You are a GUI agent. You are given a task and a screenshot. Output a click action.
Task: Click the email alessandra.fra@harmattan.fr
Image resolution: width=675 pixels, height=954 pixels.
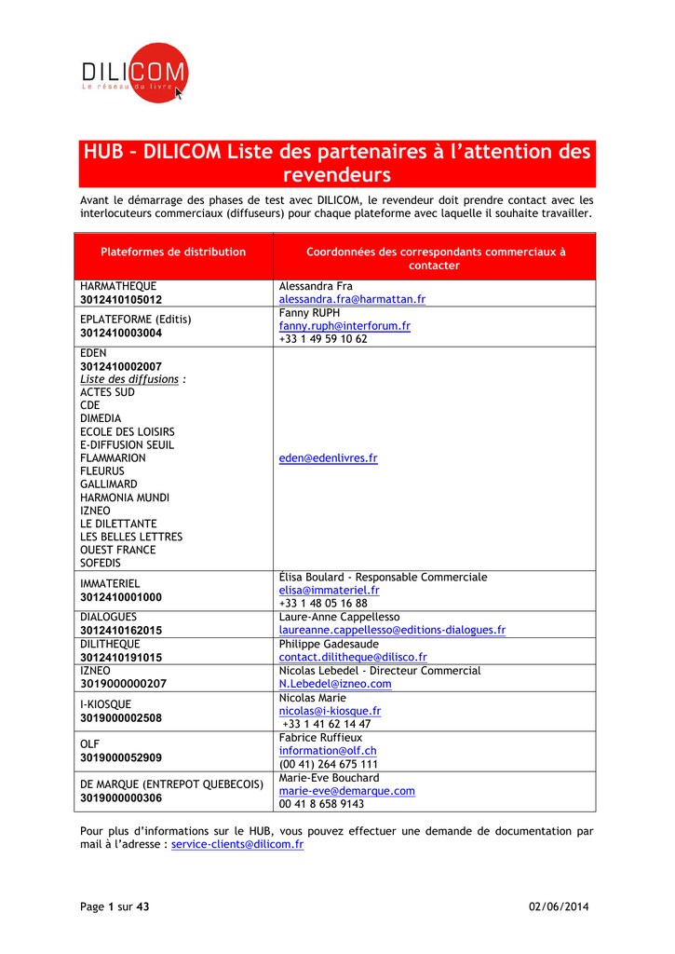coord(352,300)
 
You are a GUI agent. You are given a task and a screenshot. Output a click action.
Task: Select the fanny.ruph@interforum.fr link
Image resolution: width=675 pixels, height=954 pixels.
coord(344,326)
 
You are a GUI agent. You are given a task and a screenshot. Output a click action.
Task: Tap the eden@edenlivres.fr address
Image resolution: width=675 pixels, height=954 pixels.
coord(328,458)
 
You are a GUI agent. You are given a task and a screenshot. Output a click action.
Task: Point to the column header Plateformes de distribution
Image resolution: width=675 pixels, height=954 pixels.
coord(173,252)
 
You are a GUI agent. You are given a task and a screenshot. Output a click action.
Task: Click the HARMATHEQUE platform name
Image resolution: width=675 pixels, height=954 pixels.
coord(118,286)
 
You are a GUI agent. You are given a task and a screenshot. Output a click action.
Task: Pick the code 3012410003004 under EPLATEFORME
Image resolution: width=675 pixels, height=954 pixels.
coord(121,333)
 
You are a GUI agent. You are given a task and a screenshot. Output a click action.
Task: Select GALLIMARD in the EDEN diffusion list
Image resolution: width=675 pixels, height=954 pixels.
coord(108,484)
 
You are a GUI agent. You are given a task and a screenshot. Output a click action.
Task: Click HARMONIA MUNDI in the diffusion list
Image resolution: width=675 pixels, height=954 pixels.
coord(125,497)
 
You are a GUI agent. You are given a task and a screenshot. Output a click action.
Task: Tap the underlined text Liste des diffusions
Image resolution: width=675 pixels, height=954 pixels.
coord(129,379)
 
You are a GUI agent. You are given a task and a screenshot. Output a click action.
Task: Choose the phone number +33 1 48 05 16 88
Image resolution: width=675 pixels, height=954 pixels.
coord(323,603)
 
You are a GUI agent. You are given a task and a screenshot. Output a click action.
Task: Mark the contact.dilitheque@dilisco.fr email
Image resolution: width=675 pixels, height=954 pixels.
coord(353,657)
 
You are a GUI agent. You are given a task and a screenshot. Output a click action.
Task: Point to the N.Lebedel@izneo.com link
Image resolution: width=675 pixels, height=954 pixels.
coord(335,683)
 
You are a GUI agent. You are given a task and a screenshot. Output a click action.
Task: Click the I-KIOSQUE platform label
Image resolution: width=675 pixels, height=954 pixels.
coord(106,704)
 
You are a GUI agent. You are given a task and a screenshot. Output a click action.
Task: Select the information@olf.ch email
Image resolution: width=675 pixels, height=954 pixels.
coord(328,750)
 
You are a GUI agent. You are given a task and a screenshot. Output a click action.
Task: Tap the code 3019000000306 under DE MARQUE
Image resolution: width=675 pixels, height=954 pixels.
coord(121,797)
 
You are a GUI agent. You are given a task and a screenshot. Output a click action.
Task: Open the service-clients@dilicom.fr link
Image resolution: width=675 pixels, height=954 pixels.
coord(237,844)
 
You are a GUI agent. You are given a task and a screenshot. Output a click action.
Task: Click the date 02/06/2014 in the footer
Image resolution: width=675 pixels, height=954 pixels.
coord(559,906)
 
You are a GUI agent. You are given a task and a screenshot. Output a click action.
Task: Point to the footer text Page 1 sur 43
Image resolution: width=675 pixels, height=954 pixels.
coord(115,906)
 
